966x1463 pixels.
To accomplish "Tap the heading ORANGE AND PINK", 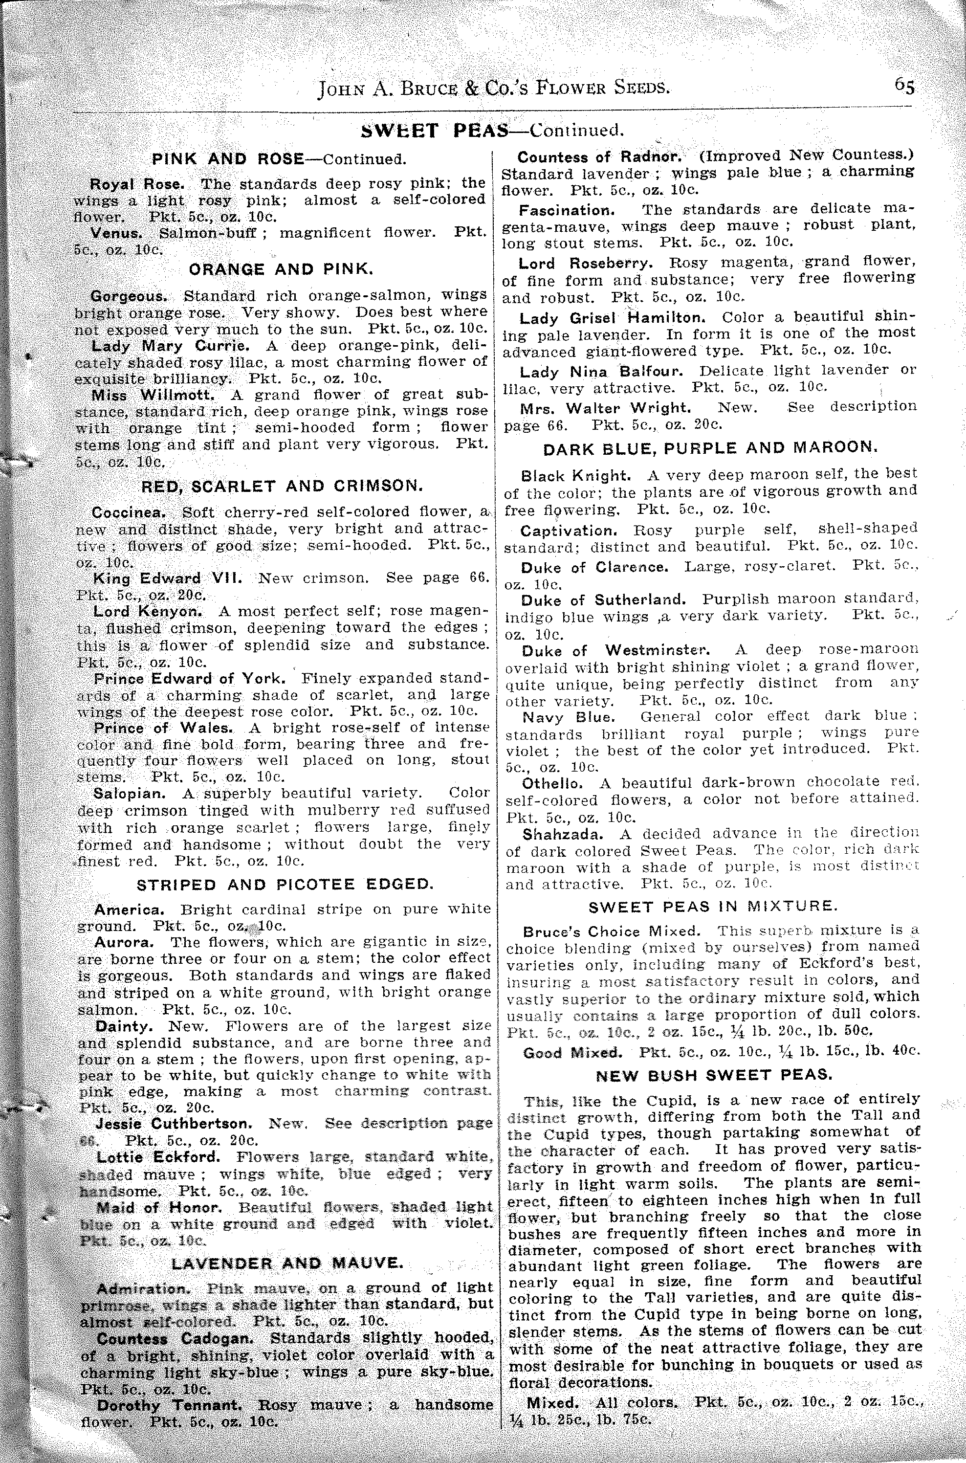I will point(281,269).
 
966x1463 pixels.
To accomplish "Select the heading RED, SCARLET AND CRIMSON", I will point(283,486).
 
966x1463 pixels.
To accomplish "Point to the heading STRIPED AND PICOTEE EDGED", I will point(285,885).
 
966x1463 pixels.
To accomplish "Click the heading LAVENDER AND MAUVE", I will point(287,1264).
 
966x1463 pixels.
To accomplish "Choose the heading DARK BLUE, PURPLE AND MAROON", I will point(710,447).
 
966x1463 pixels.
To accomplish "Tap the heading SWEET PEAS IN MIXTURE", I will point(713,907).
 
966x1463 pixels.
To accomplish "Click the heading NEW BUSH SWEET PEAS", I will point(714,1075).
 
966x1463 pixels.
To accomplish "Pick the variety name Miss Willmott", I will point(153,395).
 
